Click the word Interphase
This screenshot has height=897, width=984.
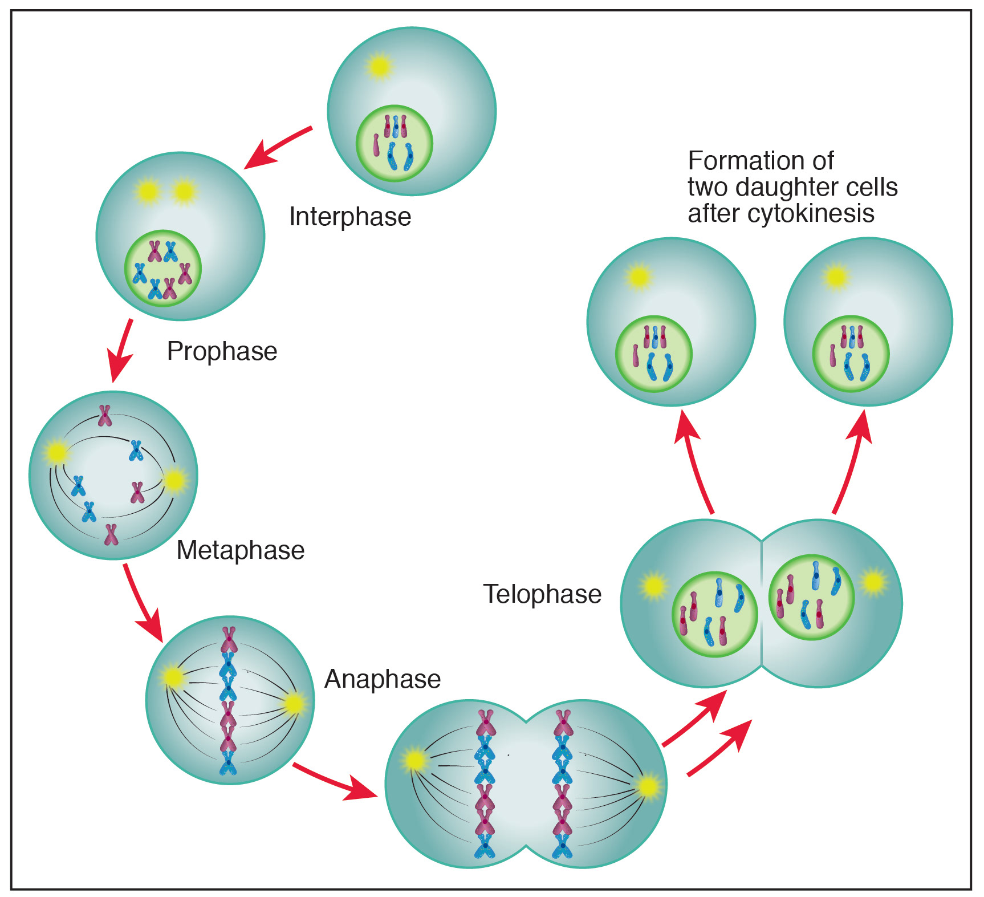coord(350,217)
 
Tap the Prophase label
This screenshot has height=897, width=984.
coord(222,351)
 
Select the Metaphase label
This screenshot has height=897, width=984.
coord(241,550)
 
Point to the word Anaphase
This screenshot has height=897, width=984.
coord(383,679)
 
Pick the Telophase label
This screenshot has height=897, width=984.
coord(542,594)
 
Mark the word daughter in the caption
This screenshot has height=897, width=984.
coord(797,187)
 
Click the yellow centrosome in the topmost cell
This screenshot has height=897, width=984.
coord(379,67)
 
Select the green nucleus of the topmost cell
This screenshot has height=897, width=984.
coord(395,143)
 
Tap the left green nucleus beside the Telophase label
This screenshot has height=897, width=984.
coord(715,614)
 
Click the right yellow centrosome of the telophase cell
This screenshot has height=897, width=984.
coord(873,583)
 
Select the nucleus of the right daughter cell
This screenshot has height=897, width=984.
coord(851,354)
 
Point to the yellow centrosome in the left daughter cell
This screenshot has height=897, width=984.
coord(639,277)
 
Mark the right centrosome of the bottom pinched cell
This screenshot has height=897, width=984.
coord(648,788)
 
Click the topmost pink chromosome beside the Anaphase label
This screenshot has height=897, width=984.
coord(229,639)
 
